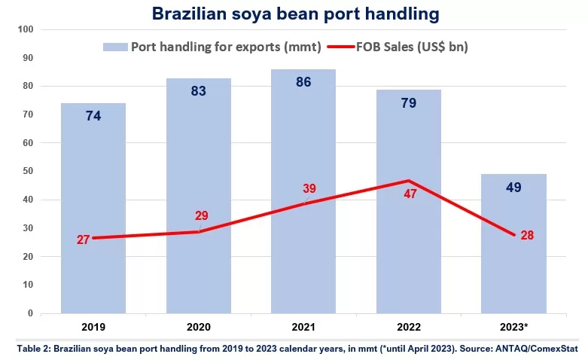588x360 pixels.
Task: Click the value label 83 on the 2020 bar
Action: point(199,91)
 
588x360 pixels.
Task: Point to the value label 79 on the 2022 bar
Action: point(409,102)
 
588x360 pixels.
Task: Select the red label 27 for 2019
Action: point(84,240)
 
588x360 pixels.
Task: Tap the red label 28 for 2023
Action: point(527,235)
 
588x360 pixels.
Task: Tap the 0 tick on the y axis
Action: point(30,313)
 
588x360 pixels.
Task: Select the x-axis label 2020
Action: point(199,328)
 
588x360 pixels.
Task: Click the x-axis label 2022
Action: point(409,328)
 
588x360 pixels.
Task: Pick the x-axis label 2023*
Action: point(514,328)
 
